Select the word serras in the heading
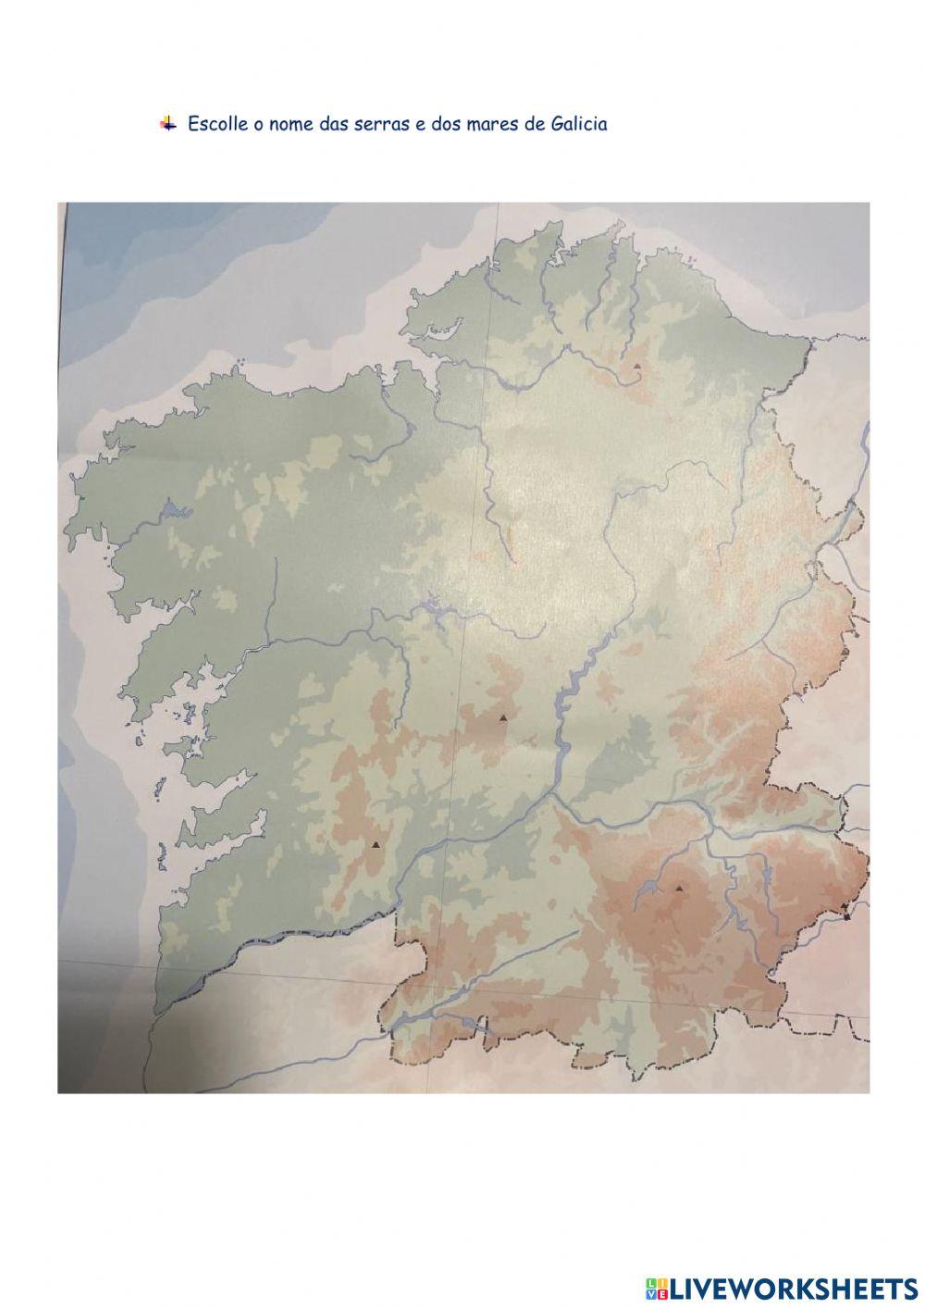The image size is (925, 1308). coord(379,124)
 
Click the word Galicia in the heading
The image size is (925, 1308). coord(578,124)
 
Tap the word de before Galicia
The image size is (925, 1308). coord(535,124)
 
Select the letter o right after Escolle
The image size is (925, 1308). coord(259,125)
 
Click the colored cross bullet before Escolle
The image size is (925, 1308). coord(167,123)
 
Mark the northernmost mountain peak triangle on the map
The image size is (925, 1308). coord(637,367)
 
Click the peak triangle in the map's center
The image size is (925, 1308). coord(503,717)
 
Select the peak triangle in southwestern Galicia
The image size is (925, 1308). coord(376,844)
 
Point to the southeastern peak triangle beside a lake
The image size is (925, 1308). coord(680,888)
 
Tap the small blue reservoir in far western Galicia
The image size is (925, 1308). coord(171,509)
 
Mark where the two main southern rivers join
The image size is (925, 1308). coord(553,792)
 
